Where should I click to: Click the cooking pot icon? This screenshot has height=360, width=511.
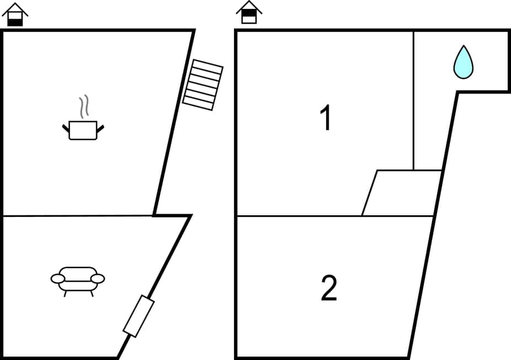click(x=83, y=130)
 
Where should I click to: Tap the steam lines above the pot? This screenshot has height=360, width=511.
click(x=83, y=107)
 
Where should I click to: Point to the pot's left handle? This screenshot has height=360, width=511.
click(x=66, y=128)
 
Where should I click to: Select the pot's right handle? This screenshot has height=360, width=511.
click(x=100, y=128)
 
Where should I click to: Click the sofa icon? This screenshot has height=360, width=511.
click(x=78, y=279)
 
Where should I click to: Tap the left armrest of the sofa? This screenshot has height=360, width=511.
click(x=57, y=279)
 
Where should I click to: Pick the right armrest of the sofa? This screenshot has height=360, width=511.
click(x=98, y=279)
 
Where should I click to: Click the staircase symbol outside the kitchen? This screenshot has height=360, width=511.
click(x=203, y=85)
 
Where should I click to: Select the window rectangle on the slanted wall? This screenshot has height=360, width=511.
click(x=139, y=316)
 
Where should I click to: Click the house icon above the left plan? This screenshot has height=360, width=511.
click(x=15, y=14)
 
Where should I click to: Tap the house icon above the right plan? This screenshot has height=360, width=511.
click(x=249, y=12)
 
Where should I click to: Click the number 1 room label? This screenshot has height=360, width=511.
click(x=326, y=119)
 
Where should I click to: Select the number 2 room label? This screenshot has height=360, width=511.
click(x=329, y=289)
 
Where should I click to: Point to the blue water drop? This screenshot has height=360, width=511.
click(x=463, y=62)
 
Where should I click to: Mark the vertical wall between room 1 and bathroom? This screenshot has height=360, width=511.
click(x=413, y=99)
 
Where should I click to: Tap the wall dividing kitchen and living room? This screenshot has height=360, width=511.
click(x=77, y=216)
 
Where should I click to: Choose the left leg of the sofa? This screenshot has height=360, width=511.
click(x=66, y=293)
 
